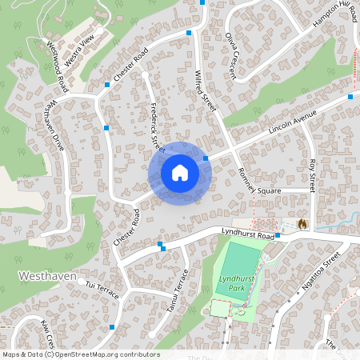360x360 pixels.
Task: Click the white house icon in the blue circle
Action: click(180, 173)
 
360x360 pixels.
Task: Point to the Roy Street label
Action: click(312, 174)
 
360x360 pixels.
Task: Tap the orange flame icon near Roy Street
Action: click(302, 225)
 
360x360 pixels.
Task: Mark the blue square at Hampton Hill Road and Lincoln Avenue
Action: click(350, 96)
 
